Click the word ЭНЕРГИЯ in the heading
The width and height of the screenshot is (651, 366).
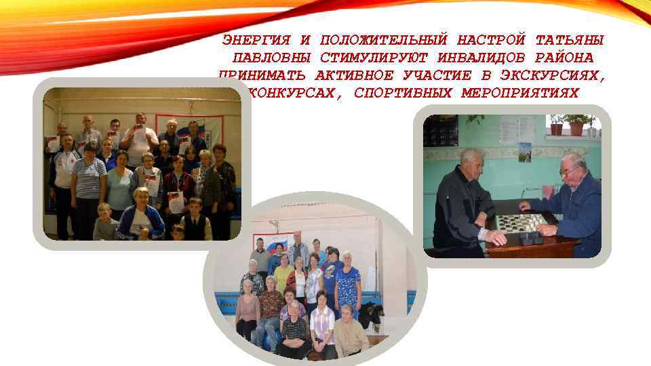tap(255, 41)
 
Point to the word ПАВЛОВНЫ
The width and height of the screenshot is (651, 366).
tap(266, 58)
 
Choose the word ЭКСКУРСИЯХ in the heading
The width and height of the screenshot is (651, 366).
tap(552, 76)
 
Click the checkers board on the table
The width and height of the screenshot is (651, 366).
tap(520, 221)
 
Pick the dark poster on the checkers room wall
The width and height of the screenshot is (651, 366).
tap(441, 130)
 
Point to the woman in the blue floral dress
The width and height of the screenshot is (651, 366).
tap(348, 285)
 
